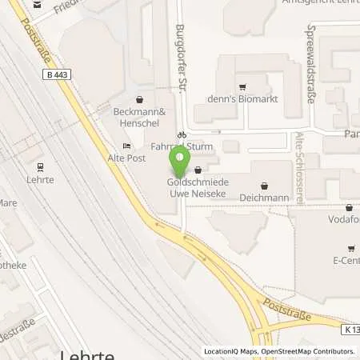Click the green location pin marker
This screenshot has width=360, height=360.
(x=182, y=160)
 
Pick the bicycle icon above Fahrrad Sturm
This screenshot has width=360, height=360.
(x=182, y=134)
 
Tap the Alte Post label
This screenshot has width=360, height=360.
(x=126, y=157)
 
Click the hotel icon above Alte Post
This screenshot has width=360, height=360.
(x=126, y=145)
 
